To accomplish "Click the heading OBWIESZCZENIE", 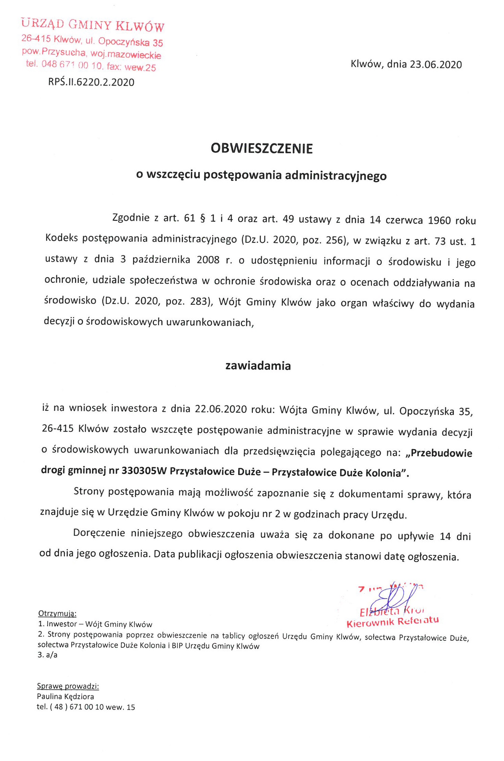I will (261, 148).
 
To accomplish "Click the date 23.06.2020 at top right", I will (436, 64).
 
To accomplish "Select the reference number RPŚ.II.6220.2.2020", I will (91, 82).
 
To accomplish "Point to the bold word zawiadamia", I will (258, 366).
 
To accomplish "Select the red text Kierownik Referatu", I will (392, 622).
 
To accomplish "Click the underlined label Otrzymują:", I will (57, 613).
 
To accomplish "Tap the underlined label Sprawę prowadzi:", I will (68, 686).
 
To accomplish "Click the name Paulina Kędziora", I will (66, 696).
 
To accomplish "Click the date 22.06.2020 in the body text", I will (221, 409).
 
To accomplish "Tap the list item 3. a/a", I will (47, 655).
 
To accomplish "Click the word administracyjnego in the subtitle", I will (336, 175).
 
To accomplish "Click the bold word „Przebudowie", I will (439, 453).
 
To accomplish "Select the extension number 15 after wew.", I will (131, 707).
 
